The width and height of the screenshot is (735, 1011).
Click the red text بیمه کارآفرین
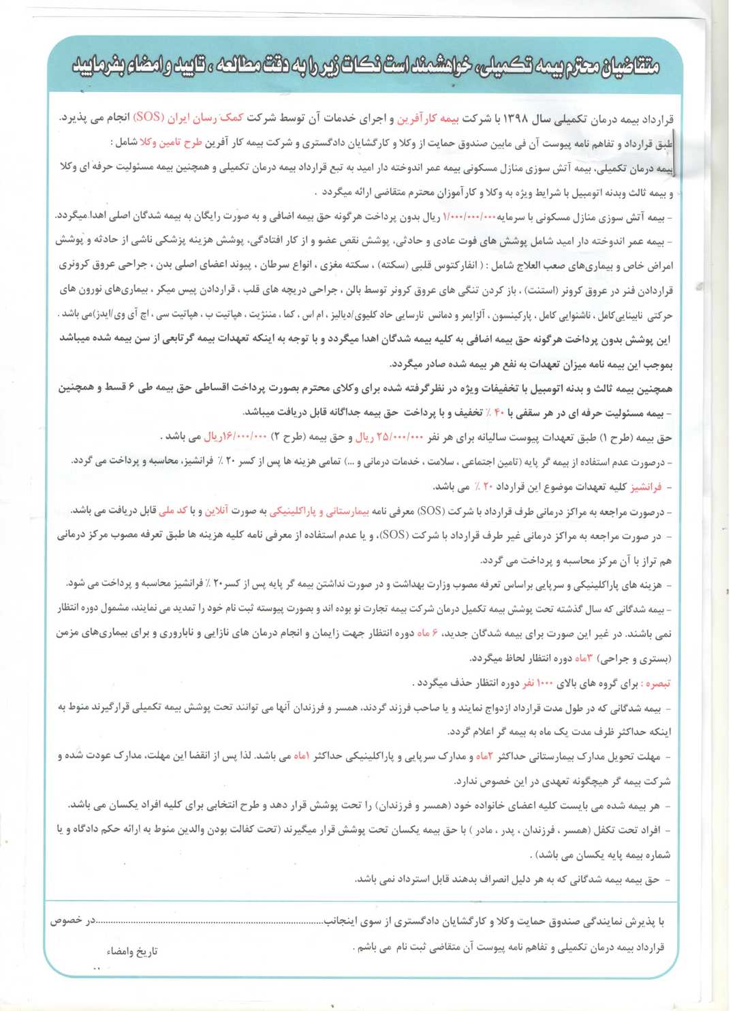tap(428, 119)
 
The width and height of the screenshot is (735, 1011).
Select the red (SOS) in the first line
tap(148, 117)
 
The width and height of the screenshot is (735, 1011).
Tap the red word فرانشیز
tap(646, 487)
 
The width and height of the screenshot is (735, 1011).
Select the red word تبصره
tap(657, 683)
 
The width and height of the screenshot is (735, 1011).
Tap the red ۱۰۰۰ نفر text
tap(535, 683)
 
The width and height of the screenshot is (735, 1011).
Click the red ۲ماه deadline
tap(484, 757)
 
